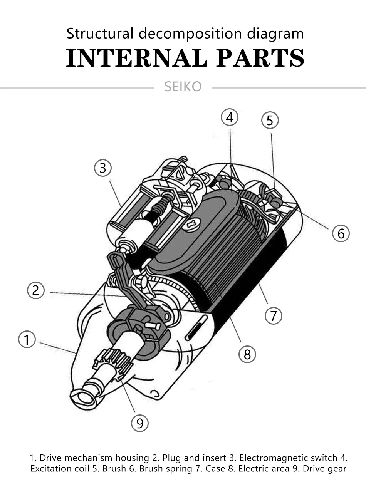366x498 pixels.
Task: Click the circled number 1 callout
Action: click(x=27, y=340)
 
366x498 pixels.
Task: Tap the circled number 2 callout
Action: click(x=36, y=290)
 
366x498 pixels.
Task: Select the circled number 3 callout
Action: click(x=102, y=168)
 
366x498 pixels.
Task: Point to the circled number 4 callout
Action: click(x=230, y=117)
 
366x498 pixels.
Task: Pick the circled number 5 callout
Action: click(x=270, y=121)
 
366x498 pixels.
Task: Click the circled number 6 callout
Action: click(x=341, y=233)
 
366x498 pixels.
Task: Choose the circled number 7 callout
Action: click(x=274, y=316)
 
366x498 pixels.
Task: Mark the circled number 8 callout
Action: click(x=247, y=354)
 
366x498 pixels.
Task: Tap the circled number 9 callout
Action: click(x=140, y=423)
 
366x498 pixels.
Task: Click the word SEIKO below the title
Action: click(x=183, y=87)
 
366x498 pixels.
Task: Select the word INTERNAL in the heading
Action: click(x=137, y=58)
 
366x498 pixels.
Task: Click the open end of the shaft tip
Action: click(x=83, y=398)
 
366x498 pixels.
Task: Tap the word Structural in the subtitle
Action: click(x=101, y=34)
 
